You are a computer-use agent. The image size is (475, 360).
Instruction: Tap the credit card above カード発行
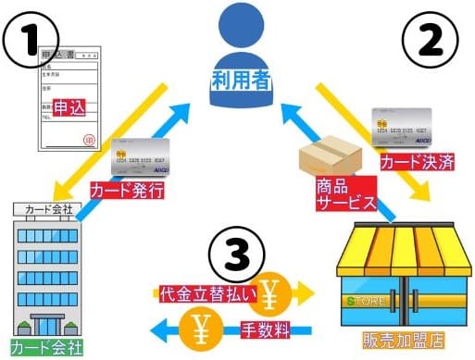[x=141, y=160]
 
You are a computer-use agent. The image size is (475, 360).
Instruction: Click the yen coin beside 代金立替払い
[x=273, y=290]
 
